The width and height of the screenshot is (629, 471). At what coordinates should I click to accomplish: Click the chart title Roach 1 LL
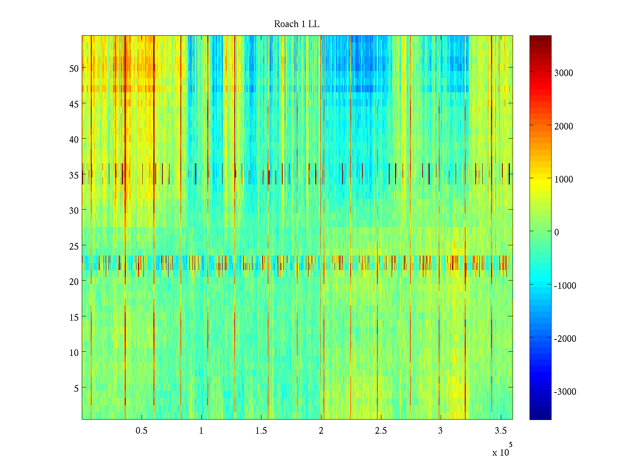pos(296,24)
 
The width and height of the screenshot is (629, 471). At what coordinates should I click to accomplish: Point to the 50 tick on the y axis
pos(74,68)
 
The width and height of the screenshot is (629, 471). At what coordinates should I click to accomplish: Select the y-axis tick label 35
pos(74,175)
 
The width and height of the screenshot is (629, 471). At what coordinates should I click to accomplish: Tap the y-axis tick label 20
pos(74,281)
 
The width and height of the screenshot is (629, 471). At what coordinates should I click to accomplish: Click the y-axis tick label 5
pos(76,388)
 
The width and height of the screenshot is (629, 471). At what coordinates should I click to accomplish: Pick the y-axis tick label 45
pos(74,104)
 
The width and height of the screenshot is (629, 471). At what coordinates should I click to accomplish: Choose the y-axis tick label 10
pos(74,353)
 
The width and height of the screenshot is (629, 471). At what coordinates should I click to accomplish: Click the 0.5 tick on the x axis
pos(142,431)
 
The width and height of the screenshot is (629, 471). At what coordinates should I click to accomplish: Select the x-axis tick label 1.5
pos(261,431)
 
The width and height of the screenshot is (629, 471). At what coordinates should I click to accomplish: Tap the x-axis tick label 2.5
pos(381,431)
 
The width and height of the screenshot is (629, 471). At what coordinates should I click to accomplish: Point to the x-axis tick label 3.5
pos(500,431)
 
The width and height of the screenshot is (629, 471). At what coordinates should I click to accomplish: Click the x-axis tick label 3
pos(440,431)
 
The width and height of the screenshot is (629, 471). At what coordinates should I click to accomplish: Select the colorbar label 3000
pos(564,73)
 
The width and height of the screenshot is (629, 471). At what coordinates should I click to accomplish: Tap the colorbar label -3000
pos(565,392)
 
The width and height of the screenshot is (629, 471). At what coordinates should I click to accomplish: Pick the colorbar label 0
pos(557,233)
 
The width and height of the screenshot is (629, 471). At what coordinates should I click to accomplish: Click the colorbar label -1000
pos(565,286)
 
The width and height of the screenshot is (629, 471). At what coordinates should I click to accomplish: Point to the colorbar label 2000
pos(564,126)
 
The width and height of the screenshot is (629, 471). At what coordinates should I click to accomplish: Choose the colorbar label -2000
pos(565,339)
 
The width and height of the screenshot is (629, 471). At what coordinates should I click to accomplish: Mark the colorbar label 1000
pos(564,180)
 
